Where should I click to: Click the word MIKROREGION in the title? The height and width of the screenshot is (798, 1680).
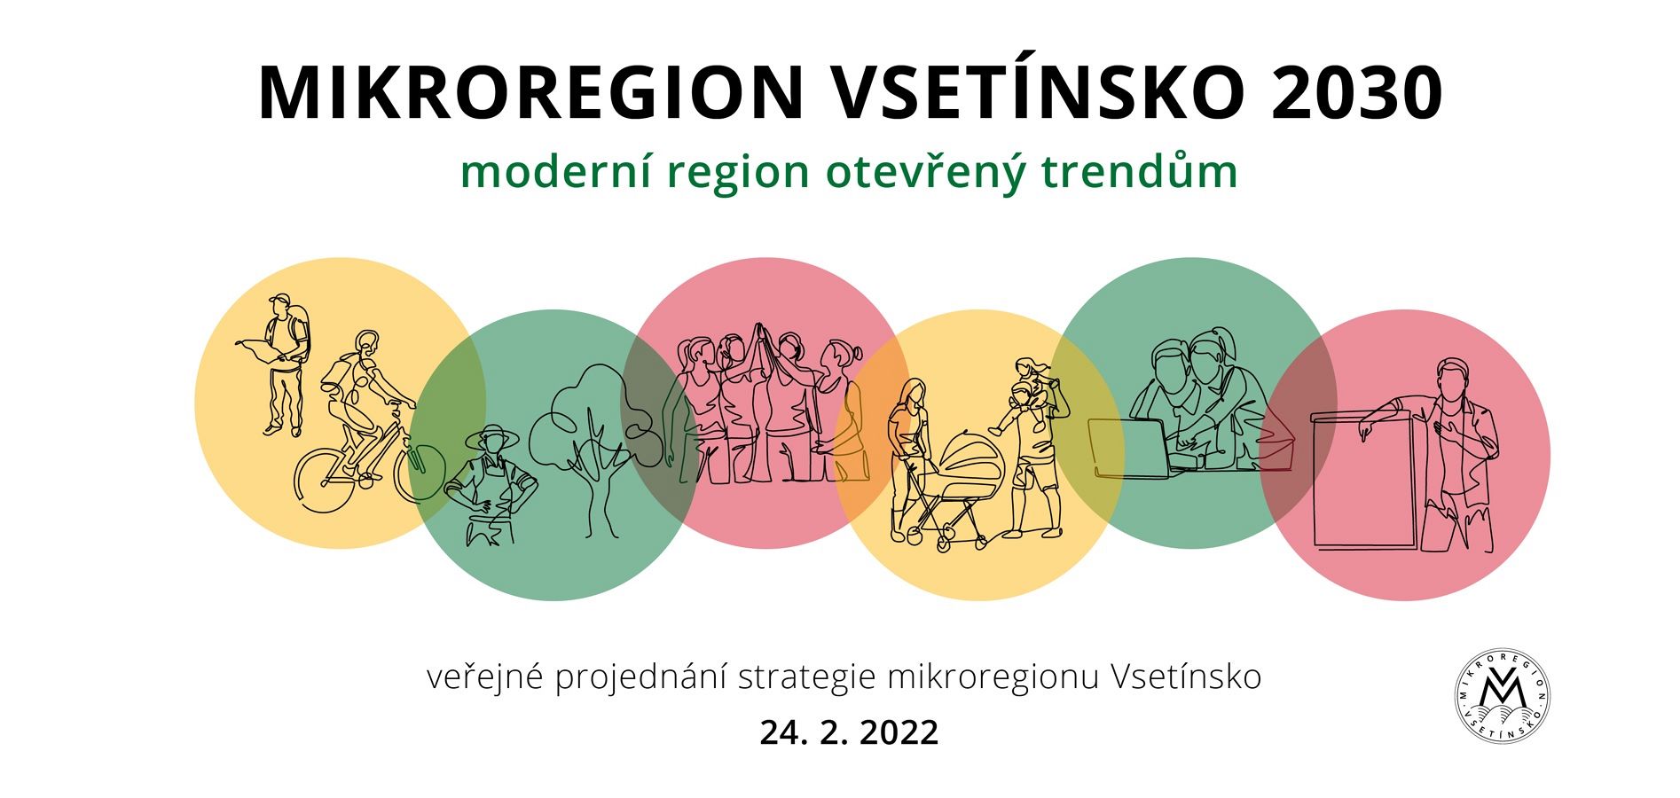pyautogui.click(x=530, y=93)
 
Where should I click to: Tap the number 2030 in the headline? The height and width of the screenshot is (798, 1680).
pyautogui.click(x=1357, y=93)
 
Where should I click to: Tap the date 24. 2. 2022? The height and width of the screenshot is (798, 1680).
pyautogui.click(x=849, y=733)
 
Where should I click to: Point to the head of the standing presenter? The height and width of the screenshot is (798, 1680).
pyautogui.click(x=1451, y=379)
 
